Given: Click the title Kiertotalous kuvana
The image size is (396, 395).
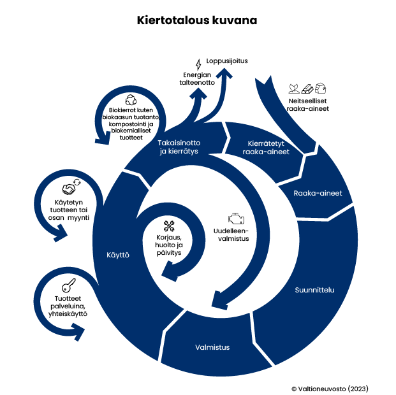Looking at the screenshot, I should coord(197,20).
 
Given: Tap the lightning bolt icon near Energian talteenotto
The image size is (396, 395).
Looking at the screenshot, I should coord(198,64).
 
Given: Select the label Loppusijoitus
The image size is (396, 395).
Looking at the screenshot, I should coord(226,61).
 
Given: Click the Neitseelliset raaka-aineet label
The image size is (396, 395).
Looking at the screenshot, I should coord(308,104).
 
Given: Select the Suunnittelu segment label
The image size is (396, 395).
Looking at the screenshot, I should coord(314,291).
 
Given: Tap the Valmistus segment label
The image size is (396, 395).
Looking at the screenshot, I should coord(212,347).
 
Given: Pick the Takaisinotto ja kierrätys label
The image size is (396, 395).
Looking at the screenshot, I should coord(179,147).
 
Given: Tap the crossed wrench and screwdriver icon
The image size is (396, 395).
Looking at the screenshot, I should coord(170,224).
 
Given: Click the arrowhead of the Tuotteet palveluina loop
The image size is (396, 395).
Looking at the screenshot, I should coord(79,331).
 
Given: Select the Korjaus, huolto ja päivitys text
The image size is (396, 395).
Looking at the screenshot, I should coord(169,245).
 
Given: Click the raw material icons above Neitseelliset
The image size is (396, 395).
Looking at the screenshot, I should coord(307,87).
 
